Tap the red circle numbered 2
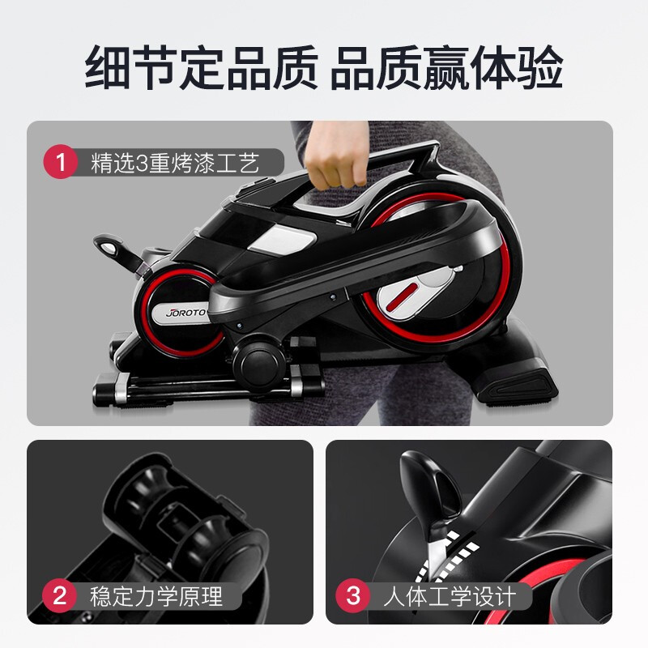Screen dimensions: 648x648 tap(59, 599)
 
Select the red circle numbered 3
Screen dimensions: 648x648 tap(353, 599)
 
